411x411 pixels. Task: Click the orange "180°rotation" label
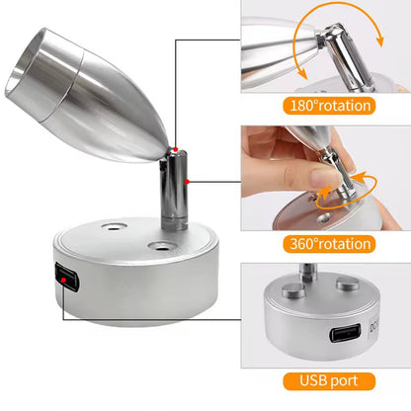click(x=329, y=106)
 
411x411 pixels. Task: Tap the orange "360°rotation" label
click(x=329, y=244)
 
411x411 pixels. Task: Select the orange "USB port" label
click(x=329, y=381)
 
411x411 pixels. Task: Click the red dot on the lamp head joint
click(x=176, y=149)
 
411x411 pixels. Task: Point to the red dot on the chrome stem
click(x=187, y=182)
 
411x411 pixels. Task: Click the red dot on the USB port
click(x=64, y=281)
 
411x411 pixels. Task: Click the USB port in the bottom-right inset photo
click(x=346, y=333)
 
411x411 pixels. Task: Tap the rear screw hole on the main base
click(x=115, y=227)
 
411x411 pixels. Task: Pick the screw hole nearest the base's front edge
click(x=161, y=246)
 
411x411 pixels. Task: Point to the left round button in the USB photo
click(x=293, y=289)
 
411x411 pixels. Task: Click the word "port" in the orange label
click(x=344, y=382)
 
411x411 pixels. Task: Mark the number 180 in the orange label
click(x=301, y=106)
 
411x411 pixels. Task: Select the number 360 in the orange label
click(x=301, y=244)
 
